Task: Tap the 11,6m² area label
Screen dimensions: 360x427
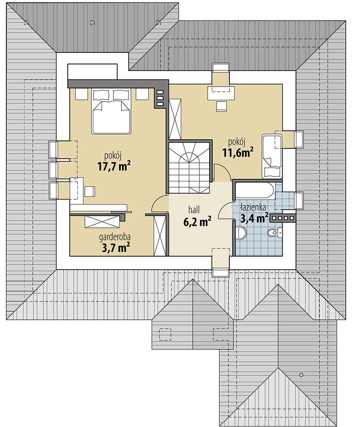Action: (x=238, y=152)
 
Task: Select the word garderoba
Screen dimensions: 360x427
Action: (x=115, y=238)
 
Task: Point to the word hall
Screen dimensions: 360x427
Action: (x=194, y=210)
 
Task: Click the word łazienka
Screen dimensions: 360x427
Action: (x=253, y=208)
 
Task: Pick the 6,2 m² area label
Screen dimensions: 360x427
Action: (x=197, y=222)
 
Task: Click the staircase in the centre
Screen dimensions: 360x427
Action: (x=189, y=168)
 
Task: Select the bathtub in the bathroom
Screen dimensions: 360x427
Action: (x=255, y=191)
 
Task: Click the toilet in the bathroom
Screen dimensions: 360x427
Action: (x=274, y=232)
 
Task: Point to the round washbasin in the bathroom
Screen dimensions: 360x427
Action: (x=241, y=232)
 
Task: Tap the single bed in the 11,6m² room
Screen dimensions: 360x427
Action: (x=271, y=156)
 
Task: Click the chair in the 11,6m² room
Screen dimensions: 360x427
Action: (x=221, y=106)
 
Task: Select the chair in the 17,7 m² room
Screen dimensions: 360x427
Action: (x=90, y=191)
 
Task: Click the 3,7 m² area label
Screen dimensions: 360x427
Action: (x=115, y=248)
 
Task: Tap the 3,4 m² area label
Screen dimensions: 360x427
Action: (x=254, y=218)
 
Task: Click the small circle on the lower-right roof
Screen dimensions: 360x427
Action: (x=301, y=375)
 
